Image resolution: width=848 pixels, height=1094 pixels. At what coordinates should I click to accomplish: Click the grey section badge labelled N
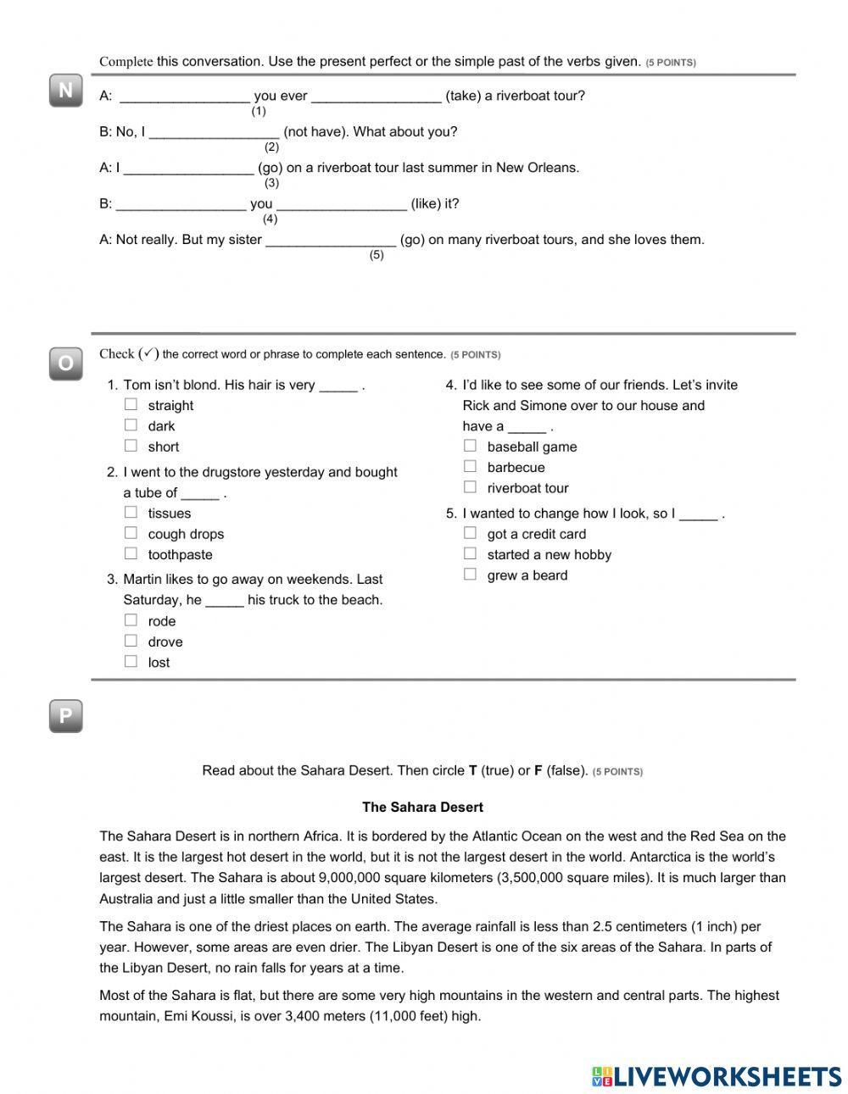click(65, 91)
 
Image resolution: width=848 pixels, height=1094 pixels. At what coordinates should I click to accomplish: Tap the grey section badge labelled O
click(65, 364)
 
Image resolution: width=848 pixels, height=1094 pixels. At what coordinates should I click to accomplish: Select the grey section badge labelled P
click(65, 716)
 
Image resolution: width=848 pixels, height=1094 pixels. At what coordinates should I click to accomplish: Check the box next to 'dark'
click(131, 425)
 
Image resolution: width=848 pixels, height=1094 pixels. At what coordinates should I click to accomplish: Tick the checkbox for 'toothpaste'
click(131, 554)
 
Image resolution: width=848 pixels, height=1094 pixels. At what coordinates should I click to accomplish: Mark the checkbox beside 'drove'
click(131, 641)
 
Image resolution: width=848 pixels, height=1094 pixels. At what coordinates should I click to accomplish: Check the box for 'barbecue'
click(470, 467)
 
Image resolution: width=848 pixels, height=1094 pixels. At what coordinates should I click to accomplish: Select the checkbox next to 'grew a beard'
click(470, 575)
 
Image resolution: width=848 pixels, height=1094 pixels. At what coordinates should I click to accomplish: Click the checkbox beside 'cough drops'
click(131, 533)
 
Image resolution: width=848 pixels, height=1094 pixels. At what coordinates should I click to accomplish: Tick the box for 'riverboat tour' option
click(470, 487)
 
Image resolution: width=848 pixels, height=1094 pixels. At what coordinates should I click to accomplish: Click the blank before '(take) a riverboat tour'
click(376, 96)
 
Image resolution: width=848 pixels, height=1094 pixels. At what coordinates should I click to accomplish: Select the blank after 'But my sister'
click(331, 240)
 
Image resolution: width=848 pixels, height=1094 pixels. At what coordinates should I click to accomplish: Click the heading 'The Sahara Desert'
click(422, 807)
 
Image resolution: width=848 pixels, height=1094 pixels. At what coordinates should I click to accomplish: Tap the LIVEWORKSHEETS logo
click(717, 1076)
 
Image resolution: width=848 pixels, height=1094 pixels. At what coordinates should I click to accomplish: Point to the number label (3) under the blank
click(271, 183)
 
